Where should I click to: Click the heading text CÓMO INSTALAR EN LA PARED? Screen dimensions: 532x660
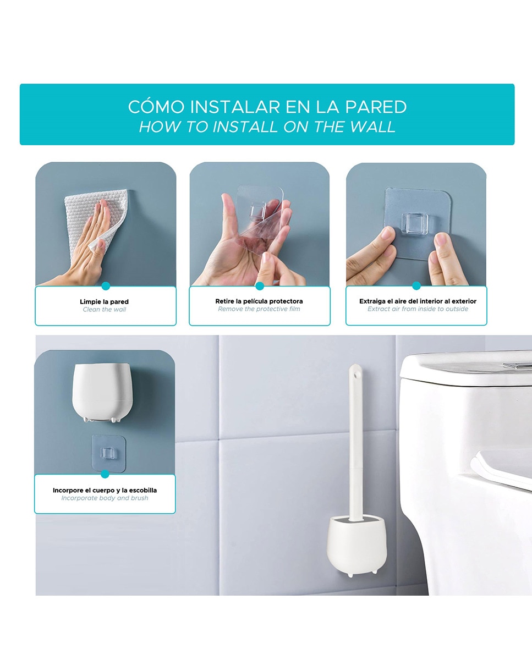coord(267,107)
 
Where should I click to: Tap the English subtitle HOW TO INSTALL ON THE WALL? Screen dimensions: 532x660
coord(267,127)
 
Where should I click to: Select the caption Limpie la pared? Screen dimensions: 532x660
coord(105,302)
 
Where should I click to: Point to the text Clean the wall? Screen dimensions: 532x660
coord(105,310)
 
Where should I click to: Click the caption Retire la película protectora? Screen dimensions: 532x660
coord(259,301)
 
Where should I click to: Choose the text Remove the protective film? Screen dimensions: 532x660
coord(259,309)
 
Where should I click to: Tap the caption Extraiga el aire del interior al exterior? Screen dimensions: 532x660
coord(418,301)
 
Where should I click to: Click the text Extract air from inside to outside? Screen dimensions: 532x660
coord(418,309)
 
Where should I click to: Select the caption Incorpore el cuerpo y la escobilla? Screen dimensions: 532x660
coord(105,491)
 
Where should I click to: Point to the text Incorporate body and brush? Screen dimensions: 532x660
coord(105,498)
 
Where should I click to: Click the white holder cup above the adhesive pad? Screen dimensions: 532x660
coord(102,392)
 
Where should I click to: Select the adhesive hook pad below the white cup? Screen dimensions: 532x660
coord(108,453)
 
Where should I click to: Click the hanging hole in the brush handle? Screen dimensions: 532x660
coord(356,375)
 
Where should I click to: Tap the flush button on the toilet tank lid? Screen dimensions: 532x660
coord(518,365)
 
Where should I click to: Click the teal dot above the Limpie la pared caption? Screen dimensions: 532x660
coord(106,286)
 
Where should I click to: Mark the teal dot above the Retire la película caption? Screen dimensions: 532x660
coord(260,286)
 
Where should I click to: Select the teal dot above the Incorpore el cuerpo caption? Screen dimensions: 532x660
coord(105,474)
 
